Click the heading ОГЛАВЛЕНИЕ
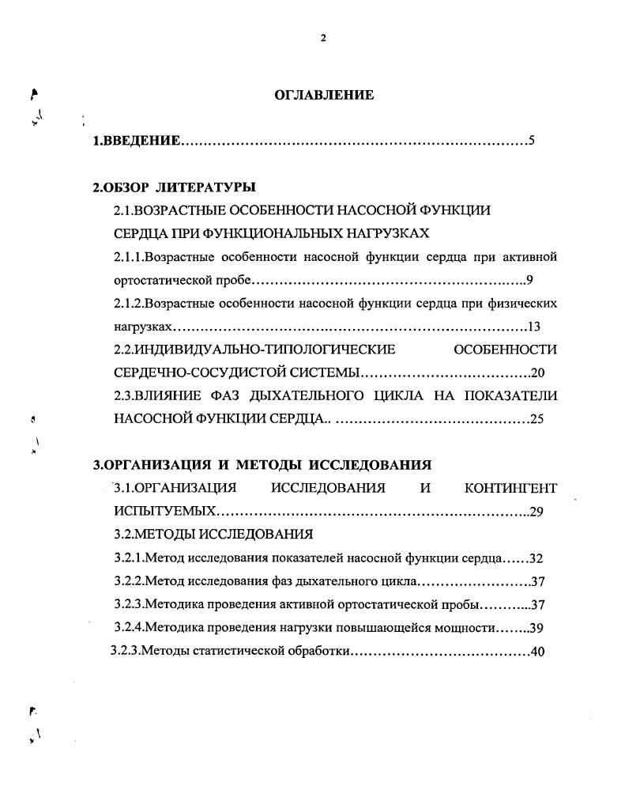pyautogui.click(x=323, y=95)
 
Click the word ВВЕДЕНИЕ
pyautogui.click(x=142, y=142)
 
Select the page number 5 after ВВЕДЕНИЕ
pyautogui.click(x=532, y=142)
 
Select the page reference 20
pyautogui.click(x=538, y=373)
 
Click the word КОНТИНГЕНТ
pyautogui.click(x=511, y=488)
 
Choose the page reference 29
pyautogui.click(x=537, y=512)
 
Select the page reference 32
pyautogui.click(x=537, y=558)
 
